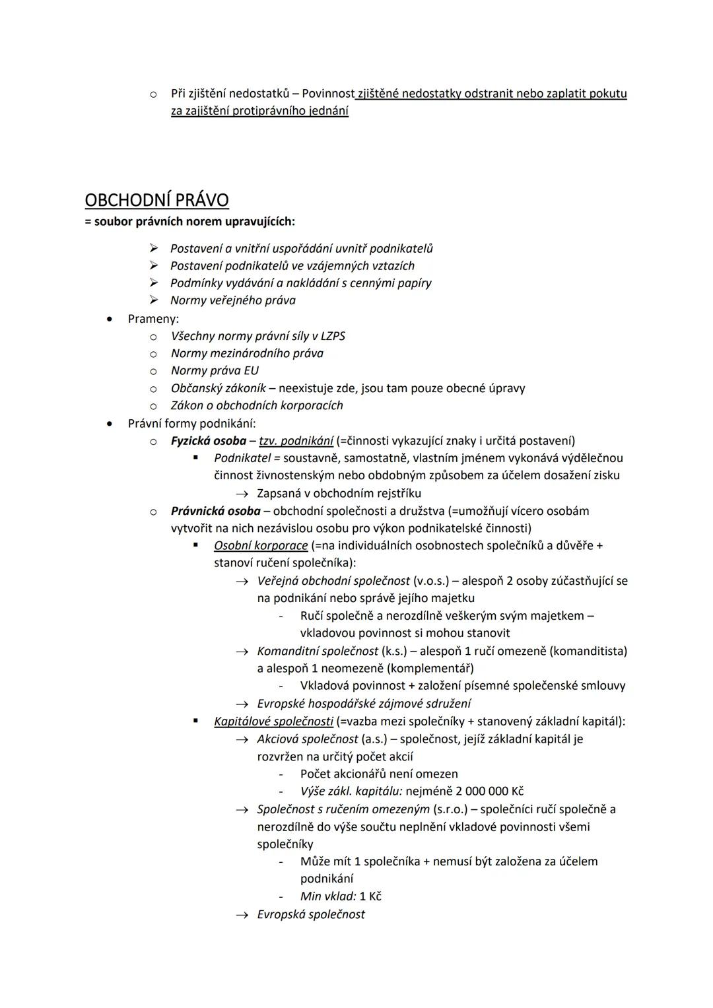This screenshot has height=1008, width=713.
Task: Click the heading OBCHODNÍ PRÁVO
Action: point(156,200)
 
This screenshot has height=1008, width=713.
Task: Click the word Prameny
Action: point(153,319)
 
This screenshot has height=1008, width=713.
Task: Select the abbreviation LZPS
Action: point(333,336)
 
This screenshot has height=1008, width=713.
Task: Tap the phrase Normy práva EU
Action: point(215,370)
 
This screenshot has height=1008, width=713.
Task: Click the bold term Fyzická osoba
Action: point(208,440)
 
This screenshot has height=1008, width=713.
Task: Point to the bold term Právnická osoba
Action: point(215,511)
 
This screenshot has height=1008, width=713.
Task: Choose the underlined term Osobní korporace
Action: point(261,546)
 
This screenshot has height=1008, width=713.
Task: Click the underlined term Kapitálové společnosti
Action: point(273,721)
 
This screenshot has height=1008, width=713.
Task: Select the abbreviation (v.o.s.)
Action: point(434,581)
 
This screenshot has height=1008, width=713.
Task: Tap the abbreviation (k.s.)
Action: point(394,651)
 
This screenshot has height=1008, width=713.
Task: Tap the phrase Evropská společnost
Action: point(310,914)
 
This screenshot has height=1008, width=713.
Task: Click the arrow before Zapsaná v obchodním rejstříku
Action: point(242,494)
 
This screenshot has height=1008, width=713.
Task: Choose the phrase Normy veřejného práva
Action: point(232,300)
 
